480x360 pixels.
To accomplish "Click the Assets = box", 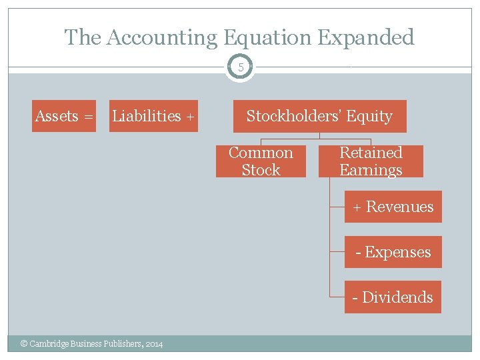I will pos(64,116).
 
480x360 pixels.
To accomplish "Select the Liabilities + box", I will pos(153,116).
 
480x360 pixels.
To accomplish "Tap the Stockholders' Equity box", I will pos(319,116).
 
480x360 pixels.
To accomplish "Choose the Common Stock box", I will pos(261,161).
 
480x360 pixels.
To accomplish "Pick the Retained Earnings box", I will pos(371,161).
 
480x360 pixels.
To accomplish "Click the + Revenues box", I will pos(393,207).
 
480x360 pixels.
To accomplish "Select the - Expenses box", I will pos(393,252).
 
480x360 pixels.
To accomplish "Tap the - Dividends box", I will pos(393,297).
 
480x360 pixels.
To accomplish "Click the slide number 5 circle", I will pos(240,67).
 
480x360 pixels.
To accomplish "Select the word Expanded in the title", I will pos(367,37).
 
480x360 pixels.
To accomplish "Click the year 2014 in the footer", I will pos(153,344).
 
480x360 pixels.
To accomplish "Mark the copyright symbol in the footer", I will pos(24,344).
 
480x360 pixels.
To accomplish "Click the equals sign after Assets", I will pos(88,117).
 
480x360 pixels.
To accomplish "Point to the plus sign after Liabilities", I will pos(190,117).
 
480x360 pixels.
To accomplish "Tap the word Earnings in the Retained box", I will pos(371,170).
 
